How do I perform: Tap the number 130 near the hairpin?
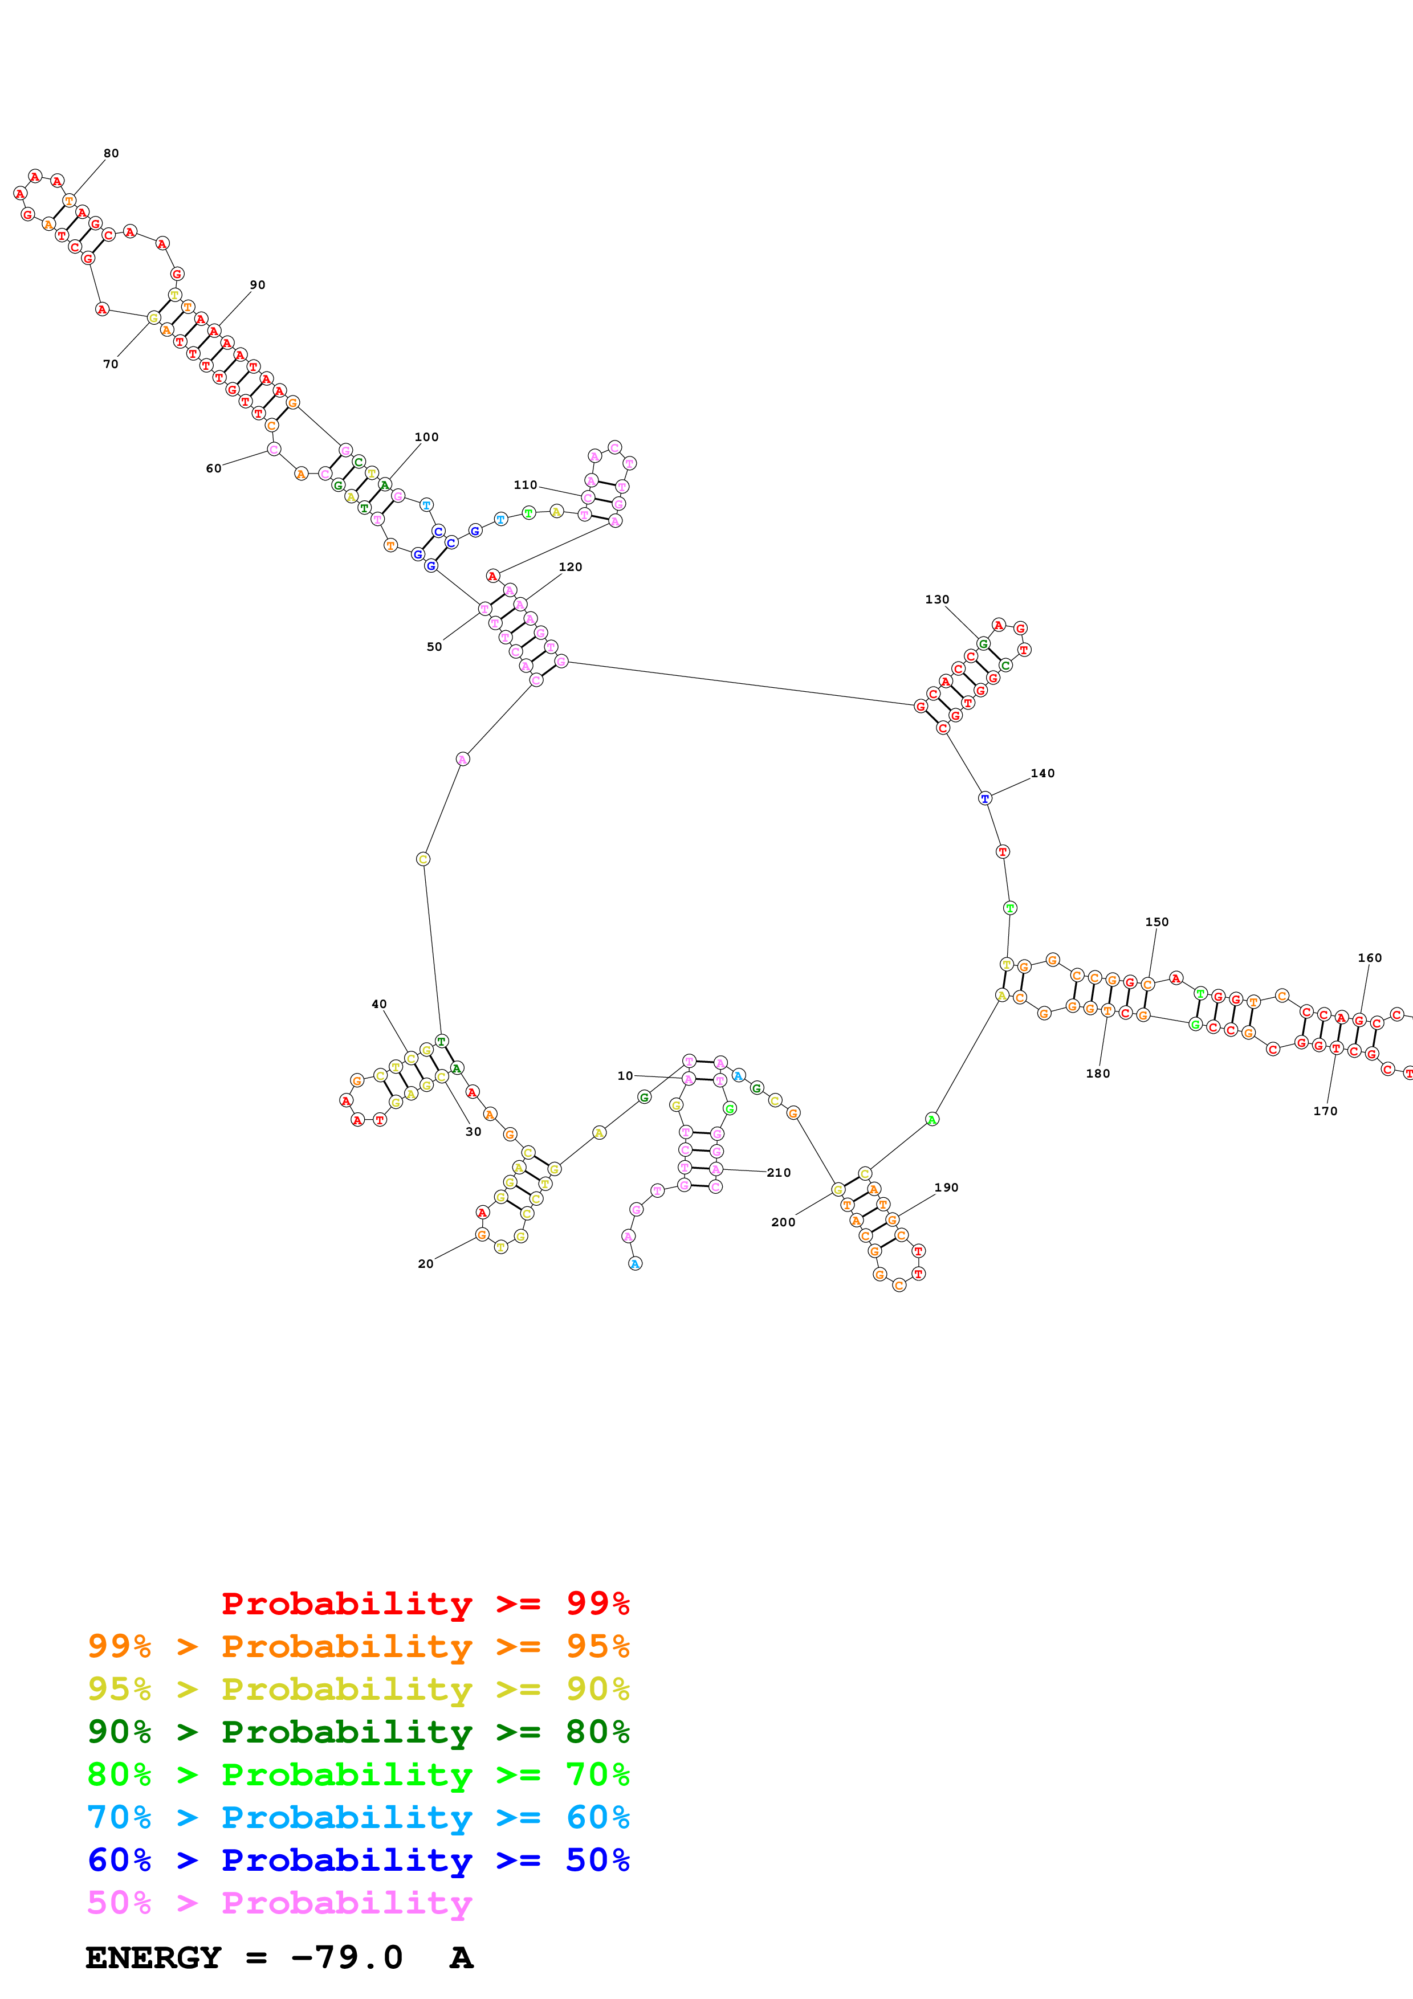click(x=937, y=599)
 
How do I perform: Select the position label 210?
click(x=779, y=1173)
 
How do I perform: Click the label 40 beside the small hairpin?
click(x=378, y=1004)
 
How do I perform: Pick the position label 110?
click(x=525, y=485)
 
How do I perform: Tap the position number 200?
click(x=783, y=1222)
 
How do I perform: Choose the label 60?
click(x=213, y=468)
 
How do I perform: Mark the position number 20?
click(x=425, y=1263)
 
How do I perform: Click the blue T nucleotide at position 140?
click(x=985, y=798)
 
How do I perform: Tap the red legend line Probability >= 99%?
click(x=425, y=1603)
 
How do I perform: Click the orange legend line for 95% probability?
click(x=358, y=1646)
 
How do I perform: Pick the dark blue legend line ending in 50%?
click(x=358, y=1860)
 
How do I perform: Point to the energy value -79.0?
click(x=347, y=1957)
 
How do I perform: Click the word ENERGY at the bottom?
click(x=153, y=1957)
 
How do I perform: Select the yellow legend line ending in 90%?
click(x=358, y=1688)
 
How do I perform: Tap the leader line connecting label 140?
click(x=1010, y=786)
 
